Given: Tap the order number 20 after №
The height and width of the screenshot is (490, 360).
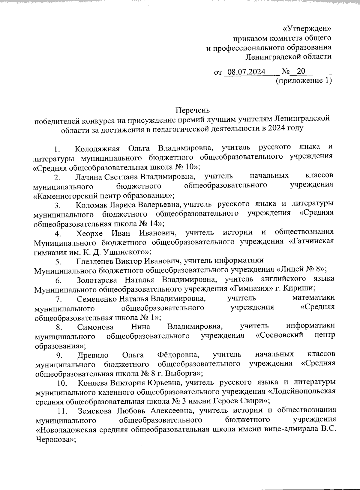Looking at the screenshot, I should point(301,71).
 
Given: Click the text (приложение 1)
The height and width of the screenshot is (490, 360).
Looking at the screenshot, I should point(303,80).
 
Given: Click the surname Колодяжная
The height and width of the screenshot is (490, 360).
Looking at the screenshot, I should point(97,148).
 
